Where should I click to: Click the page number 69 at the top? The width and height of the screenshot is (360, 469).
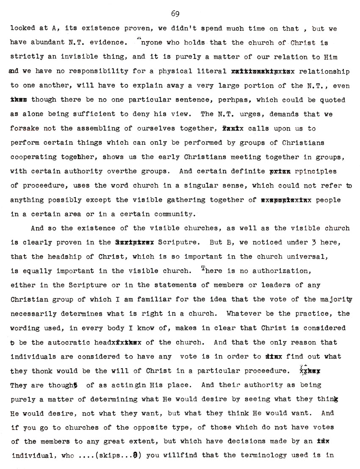click(x=175, y=14)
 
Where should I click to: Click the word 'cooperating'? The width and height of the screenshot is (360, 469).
click(x=29, y=157)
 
